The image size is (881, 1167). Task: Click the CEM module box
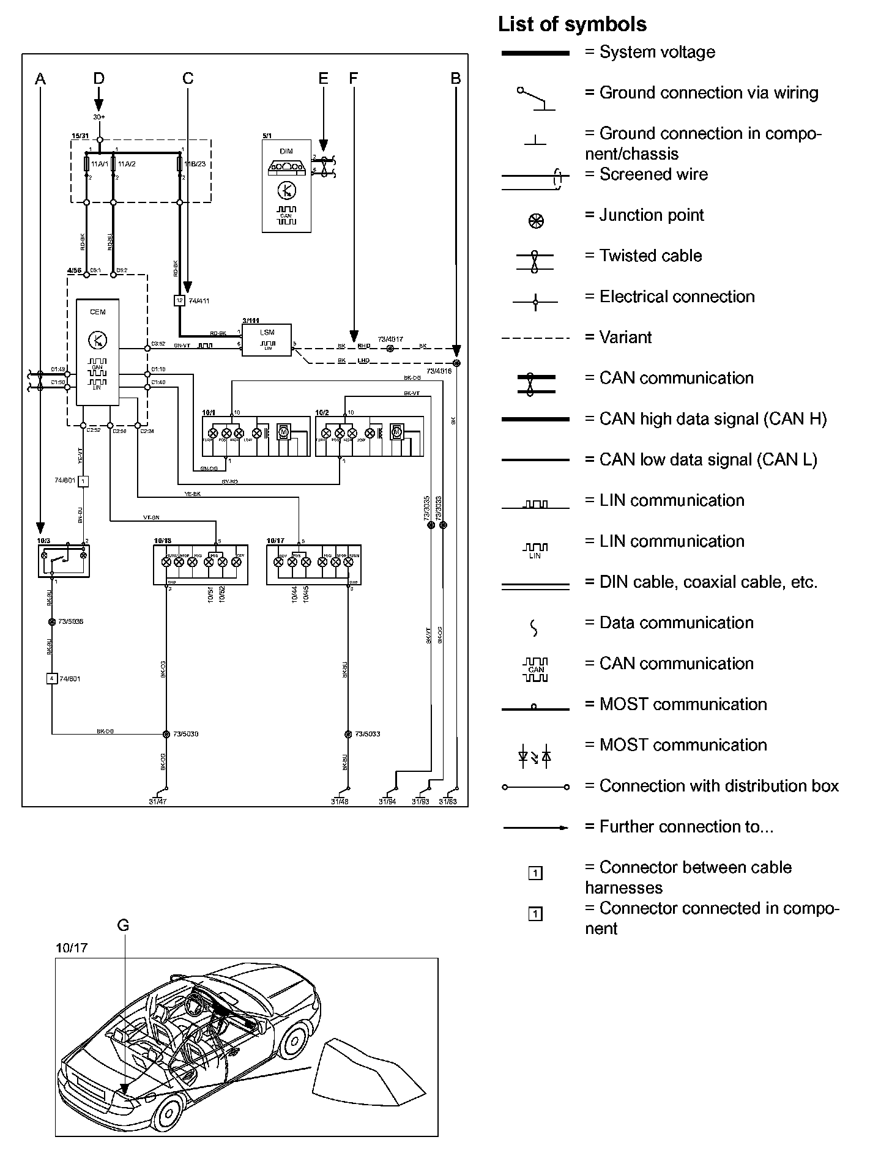(x=97, y=352)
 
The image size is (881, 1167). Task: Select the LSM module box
(x=267, y=340)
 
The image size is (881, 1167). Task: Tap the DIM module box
(x=286, y=186)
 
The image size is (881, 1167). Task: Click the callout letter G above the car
(x=123, y=925)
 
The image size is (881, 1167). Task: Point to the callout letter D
(x=99, y=78)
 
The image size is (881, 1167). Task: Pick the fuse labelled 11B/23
(x=179, y=164)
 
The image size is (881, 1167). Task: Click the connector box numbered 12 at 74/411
(x=179, y=300)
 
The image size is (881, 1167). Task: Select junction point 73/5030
(x=166, y=733)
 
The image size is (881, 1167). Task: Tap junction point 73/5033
(x=348, y=733)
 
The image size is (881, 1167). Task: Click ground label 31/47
(x=158, y=802)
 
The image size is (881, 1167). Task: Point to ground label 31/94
(x=387, y=802)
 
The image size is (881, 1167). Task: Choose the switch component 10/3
(x=64, y=559)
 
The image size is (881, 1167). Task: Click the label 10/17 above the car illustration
(x=72, y=948)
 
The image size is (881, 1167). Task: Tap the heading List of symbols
(x=572, y=24)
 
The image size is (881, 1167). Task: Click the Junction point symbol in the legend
(x=536, y=221)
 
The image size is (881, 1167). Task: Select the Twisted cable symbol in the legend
(x=535, y=262)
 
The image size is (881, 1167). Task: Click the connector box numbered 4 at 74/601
(x=52, y=678)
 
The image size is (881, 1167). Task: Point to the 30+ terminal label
(x=99, y=117)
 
